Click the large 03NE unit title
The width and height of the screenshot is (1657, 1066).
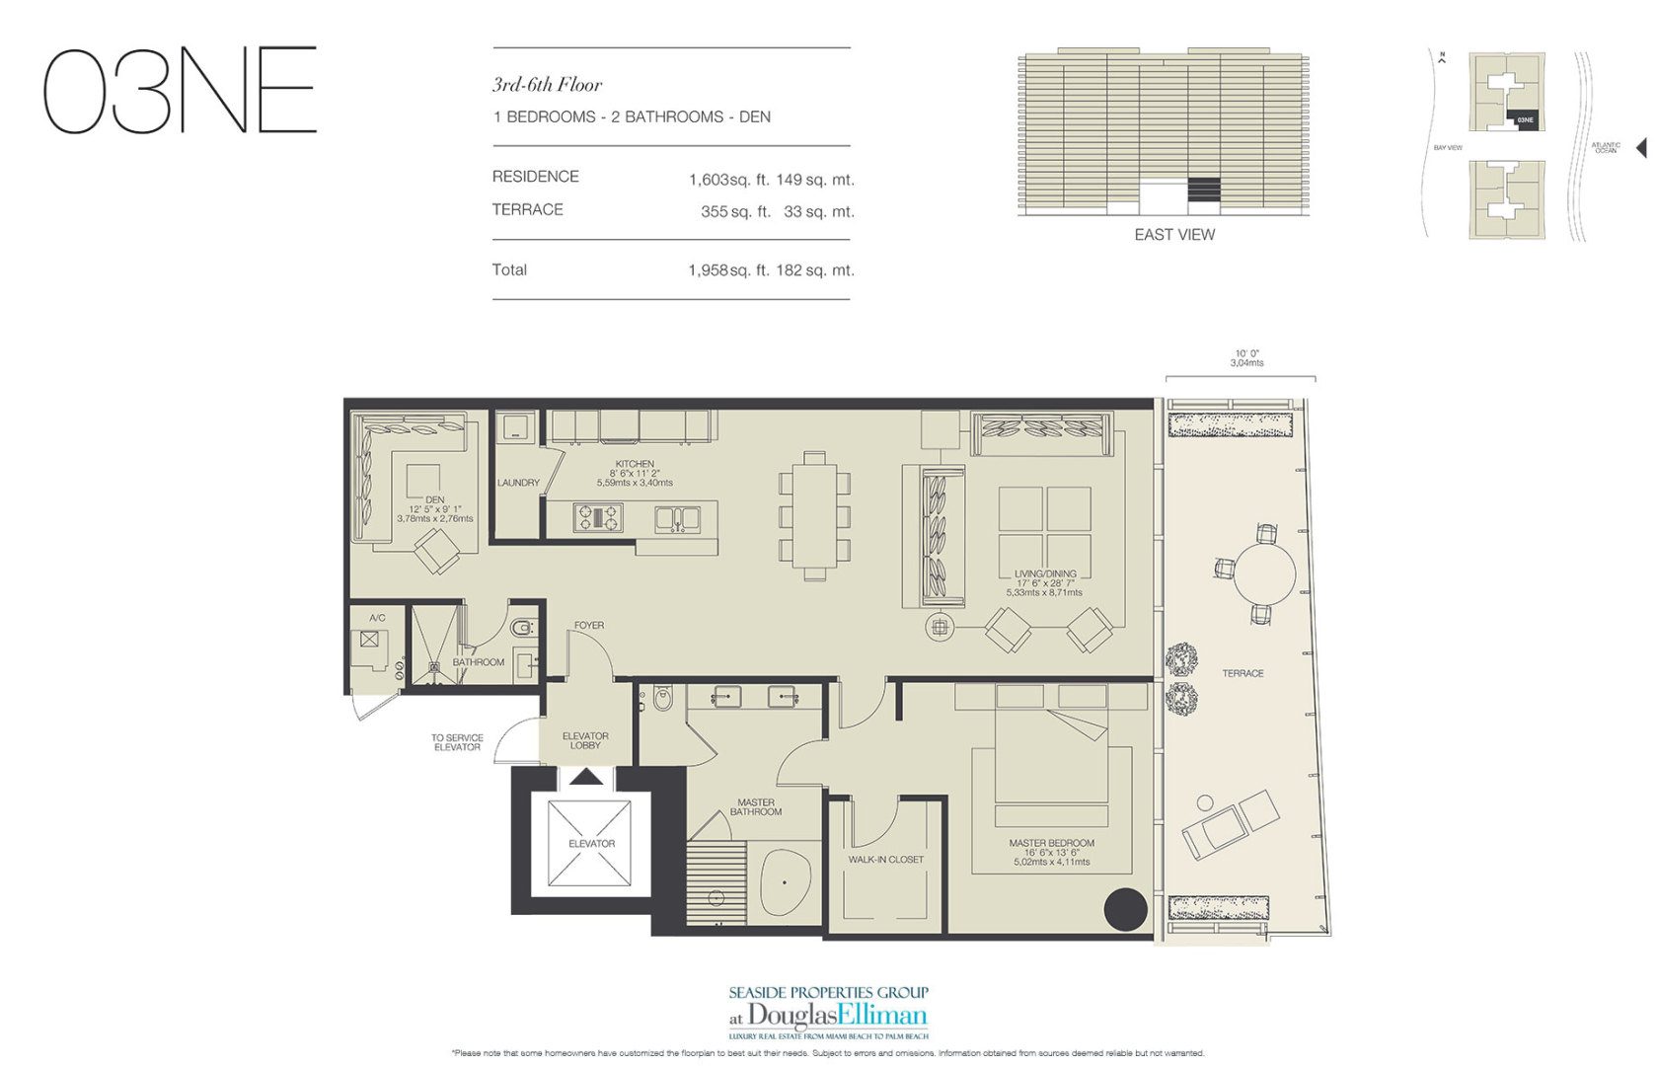click(180, 90)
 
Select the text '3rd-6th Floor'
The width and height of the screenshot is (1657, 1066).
click(547, 85)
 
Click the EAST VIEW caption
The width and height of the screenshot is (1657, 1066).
click(1174, 235)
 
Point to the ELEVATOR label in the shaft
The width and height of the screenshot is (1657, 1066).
click(591, 844)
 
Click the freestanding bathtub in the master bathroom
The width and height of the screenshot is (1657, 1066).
click(786, 884)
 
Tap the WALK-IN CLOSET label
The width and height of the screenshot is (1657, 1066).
click(885, 860)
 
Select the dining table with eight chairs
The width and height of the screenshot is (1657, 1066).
click(814, 515)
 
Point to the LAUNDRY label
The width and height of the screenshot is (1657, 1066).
click(518, 483)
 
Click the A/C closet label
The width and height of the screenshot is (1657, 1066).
click(377, 618)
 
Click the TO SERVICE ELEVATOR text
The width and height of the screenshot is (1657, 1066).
click(457, 742)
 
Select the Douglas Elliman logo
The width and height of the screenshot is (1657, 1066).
click(829, 1015)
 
